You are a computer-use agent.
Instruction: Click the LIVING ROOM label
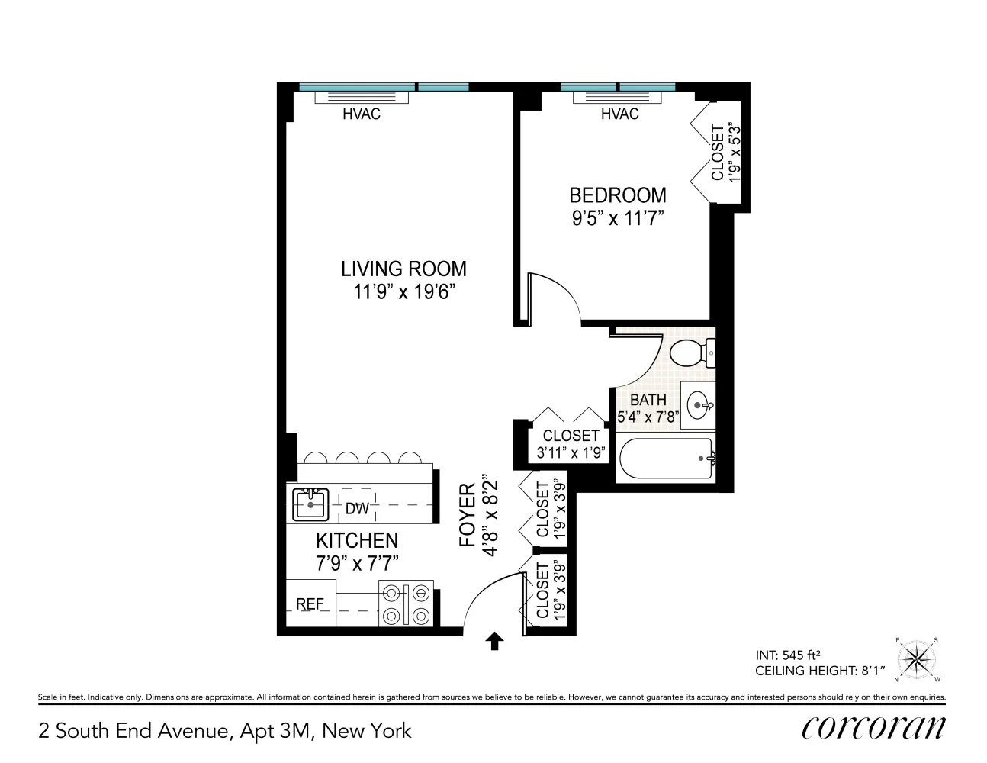403,269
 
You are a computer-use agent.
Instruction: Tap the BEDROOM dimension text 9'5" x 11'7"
618,218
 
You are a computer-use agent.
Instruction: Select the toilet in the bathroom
690,353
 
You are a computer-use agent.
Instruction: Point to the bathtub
666,458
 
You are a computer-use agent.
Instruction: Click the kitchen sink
310,504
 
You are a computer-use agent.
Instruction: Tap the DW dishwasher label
357,508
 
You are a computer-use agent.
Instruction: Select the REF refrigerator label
310,604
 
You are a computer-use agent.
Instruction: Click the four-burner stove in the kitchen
406,604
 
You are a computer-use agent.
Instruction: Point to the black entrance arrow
494,641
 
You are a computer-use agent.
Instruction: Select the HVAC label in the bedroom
619,114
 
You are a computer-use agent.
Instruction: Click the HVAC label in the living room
361,114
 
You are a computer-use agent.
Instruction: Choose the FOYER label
468,516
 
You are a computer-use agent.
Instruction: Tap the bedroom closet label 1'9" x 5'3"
725,153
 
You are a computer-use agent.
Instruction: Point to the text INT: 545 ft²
787,654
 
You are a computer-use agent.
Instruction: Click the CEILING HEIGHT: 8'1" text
820,671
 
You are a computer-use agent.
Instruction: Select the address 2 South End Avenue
134,730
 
